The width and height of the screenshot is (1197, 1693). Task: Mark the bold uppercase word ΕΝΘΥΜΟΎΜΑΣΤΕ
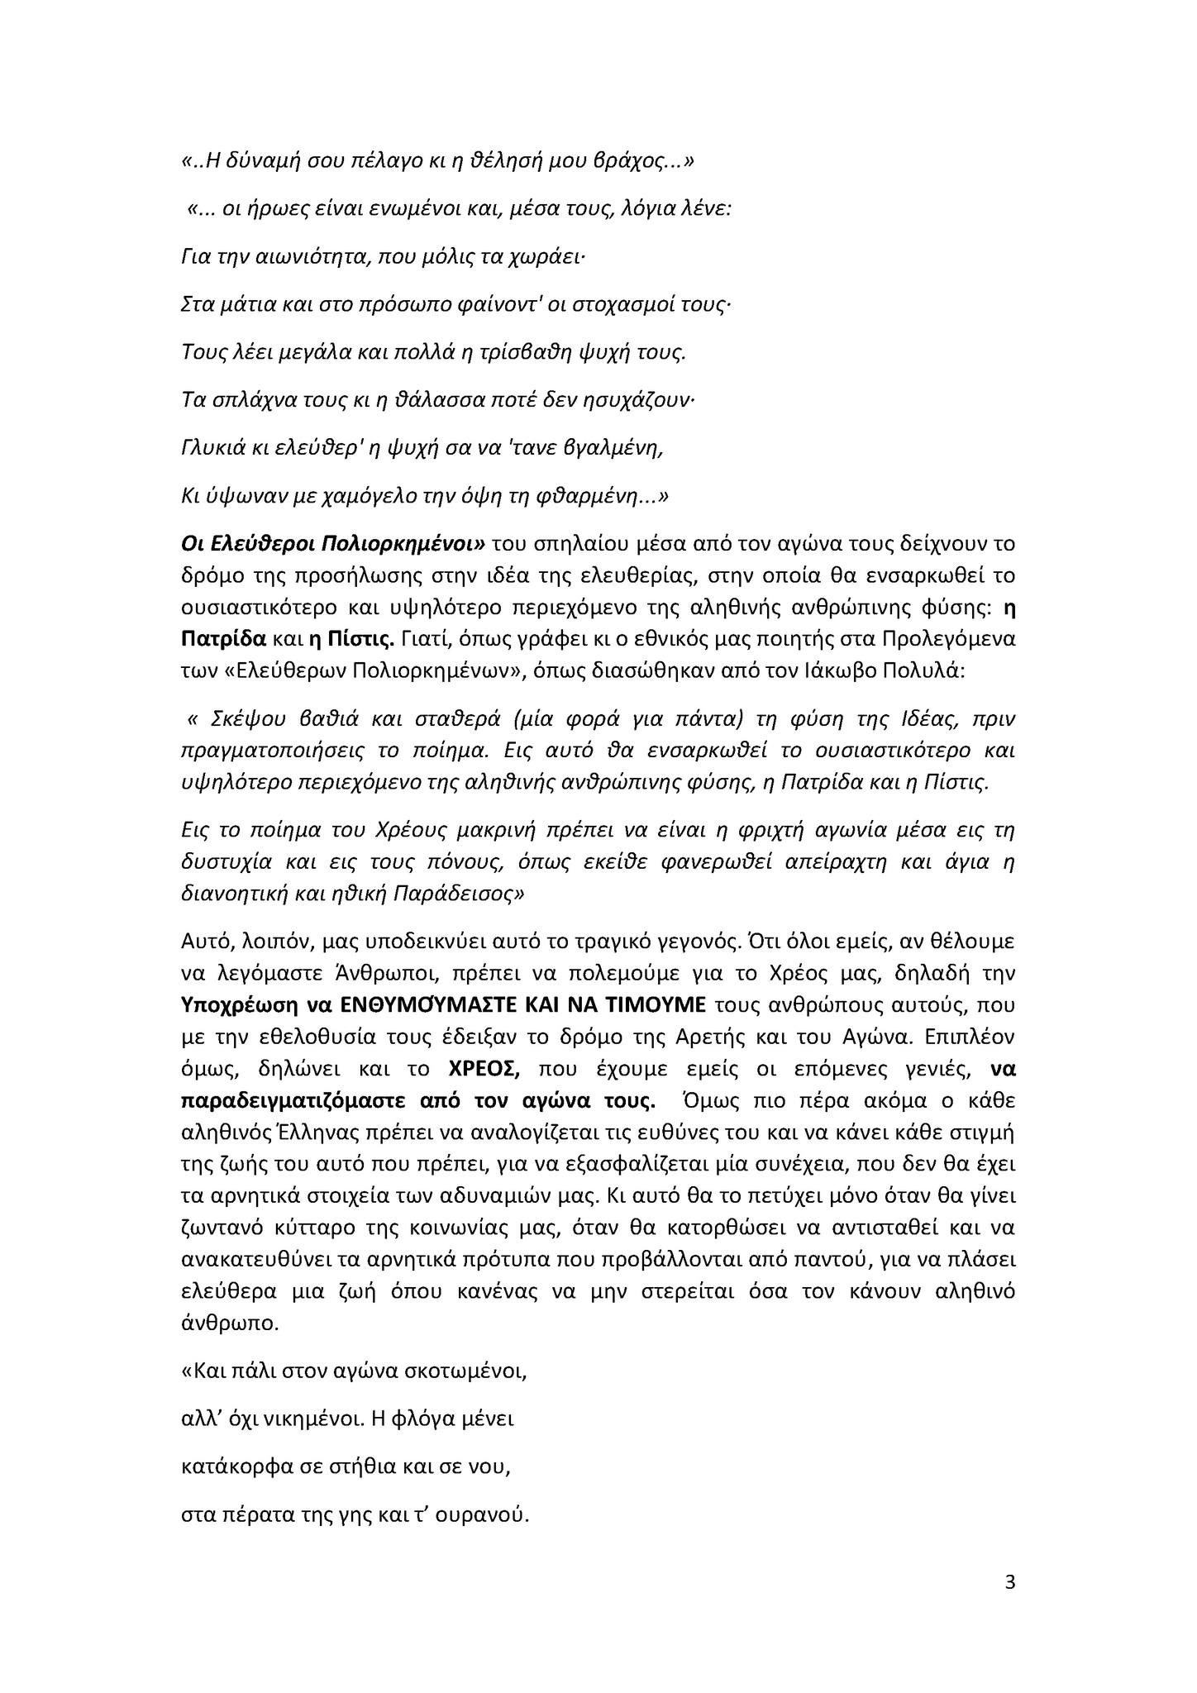430,1005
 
